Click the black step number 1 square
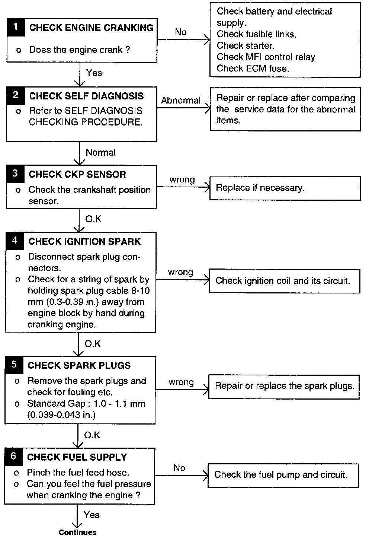16,27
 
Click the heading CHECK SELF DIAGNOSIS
86,96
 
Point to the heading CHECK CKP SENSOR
77,174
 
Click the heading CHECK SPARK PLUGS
79,365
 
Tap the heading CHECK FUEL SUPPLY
77,457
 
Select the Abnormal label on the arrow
181,101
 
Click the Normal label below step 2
100,152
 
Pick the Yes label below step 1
94,73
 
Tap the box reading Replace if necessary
285,188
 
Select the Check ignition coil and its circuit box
285,281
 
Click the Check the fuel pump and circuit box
283,475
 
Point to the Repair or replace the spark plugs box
284,386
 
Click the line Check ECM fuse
253,69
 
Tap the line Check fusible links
257,34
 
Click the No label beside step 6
179,468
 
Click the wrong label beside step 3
182,180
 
